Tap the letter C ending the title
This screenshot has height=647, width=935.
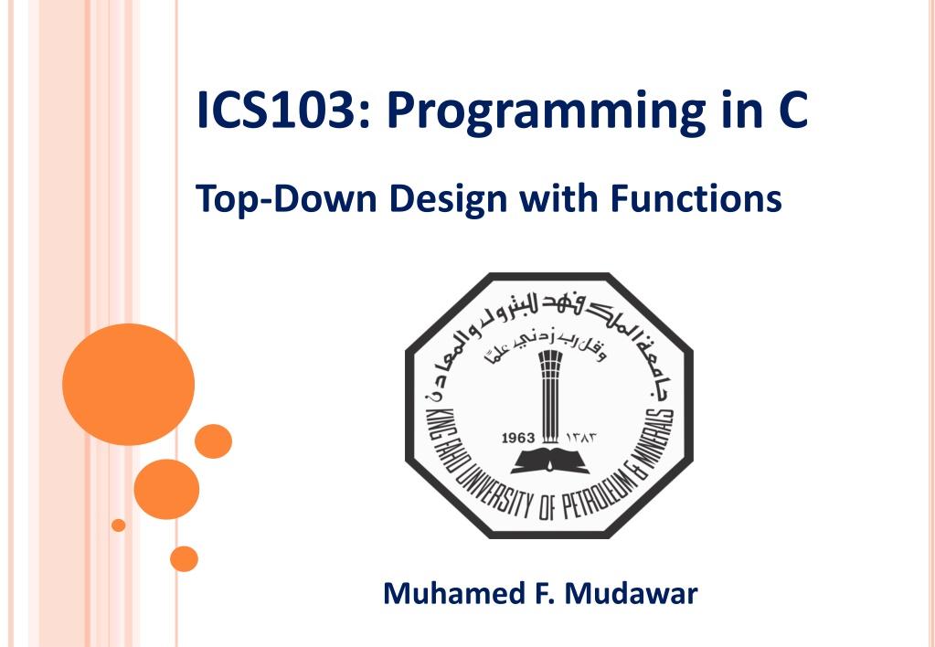[x=792, y=111]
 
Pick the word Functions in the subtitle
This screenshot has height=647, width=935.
[x=696, y=198]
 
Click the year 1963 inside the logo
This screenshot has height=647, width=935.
[x=518, y=439]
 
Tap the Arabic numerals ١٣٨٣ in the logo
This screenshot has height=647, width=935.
[x=580, y=439]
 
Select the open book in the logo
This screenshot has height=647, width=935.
[x=550, y=460]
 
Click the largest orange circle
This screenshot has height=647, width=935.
[x=128, y=385]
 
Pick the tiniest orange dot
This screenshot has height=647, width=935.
[x=119, y=525]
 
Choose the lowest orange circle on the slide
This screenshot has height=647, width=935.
[x=184, y=558]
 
